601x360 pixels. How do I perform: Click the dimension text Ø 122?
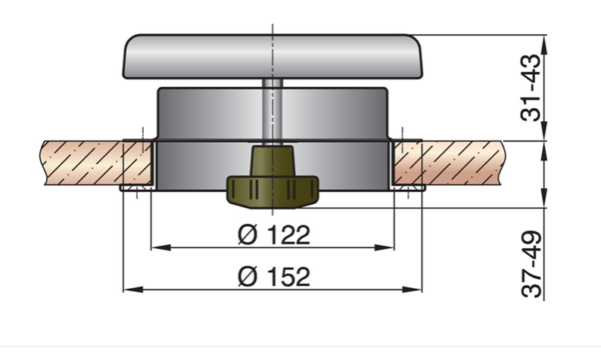[273, 235]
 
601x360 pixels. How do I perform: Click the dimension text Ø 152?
[273, 277]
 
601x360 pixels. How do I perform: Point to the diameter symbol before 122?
[246, 235]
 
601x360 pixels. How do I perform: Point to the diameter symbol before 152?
[246, 277]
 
